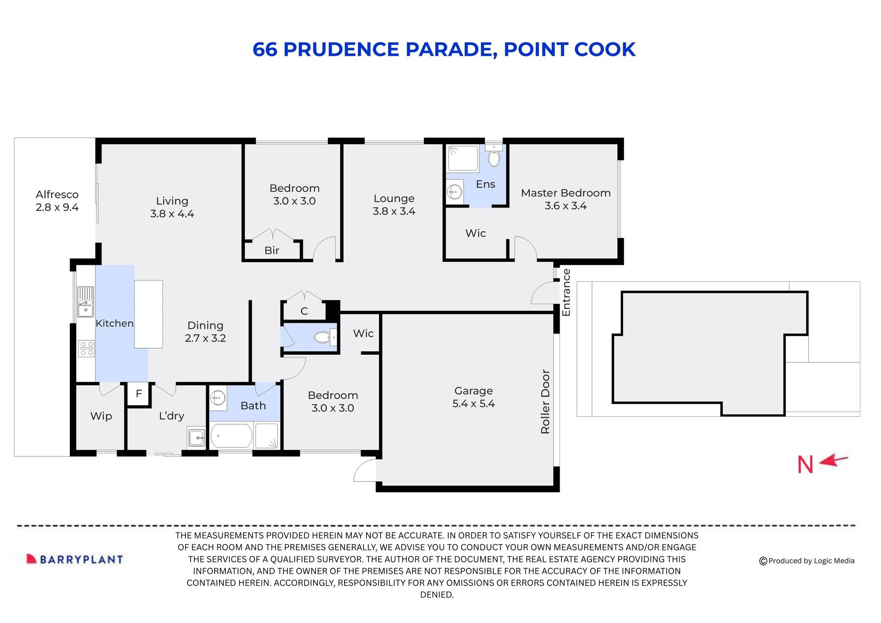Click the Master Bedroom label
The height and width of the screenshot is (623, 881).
pyautogui.click(x=565, y=193)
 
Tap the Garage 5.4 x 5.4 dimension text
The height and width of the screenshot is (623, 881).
pyautogui.click(x=473, y=404)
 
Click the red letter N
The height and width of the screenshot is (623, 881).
pyautogui.click(x=805, y=465)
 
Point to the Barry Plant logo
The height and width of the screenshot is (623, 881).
pyautogui.click(x=75, y=559)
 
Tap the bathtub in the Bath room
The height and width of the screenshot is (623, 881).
pyautogui.click(x=231, y=436)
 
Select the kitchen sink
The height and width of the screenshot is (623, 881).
pyautogui.click(x=85, y=302)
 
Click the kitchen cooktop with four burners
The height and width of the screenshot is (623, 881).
pyautogui.click(x=86, y=348)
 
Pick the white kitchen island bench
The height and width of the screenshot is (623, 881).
pyautogui.click(x=148, y=314)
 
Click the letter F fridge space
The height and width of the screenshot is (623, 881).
pyautogui.click(x=139, y=394)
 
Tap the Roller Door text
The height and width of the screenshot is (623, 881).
pyautogui.click(x=545, y=401)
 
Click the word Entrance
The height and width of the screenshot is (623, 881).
pyautogui.click(x=566, y=292)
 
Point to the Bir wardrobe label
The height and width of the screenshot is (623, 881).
pyautogui.click(x=272, y=251)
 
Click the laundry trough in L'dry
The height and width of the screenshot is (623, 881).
pyautogui.click(x=197, y=437)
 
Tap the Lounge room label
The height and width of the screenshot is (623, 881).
pyautogui.click(x=394, y=199)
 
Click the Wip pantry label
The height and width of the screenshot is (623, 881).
pyautogui.click(x=101, y=416)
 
